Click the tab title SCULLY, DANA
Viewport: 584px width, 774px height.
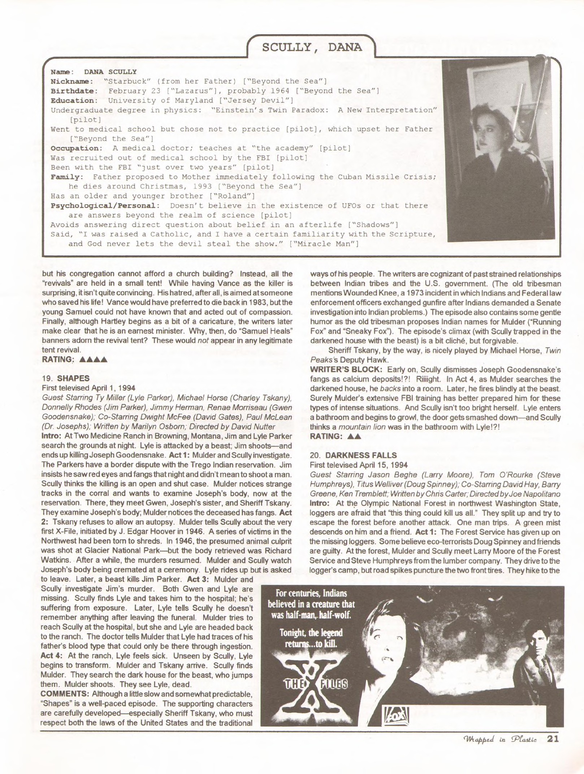click(312, 47)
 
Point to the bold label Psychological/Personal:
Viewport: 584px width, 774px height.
click(105, 206)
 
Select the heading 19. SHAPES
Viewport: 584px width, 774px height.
click(66, 378)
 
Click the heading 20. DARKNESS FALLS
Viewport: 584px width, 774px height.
click(353, 455)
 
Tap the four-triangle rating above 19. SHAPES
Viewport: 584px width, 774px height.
click(93, 360)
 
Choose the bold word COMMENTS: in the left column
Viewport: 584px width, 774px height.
click(65, 694)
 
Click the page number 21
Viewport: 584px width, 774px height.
click(553, 739)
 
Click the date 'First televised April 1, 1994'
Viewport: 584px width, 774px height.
click(89, 388)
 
